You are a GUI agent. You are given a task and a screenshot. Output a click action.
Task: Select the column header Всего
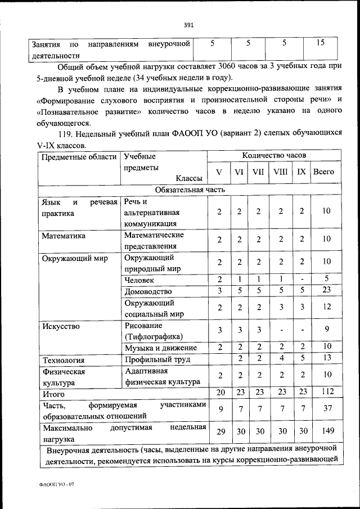(324, 172)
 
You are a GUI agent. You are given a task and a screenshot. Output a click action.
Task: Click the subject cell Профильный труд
(157, 359)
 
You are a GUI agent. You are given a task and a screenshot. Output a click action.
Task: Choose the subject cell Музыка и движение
(160, 346)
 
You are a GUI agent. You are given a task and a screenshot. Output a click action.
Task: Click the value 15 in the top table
(319, 43)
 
